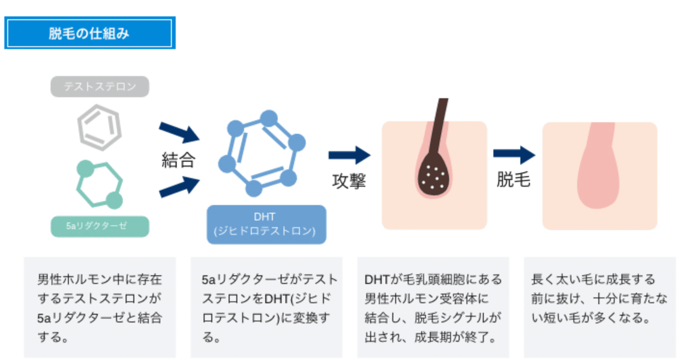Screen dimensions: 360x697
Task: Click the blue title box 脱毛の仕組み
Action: [90, 33]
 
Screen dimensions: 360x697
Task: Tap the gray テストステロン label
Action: [100, 87]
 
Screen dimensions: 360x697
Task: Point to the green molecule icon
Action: [100, 184]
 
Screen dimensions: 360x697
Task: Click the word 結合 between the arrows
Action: [178, 160]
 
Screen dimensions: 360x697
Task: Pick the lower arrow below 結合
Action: [179, 187]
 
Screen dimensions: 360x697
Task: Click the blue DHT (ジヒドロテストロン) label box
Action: [266, 224]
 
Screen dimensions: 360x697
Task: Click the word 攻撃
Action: [349, 180]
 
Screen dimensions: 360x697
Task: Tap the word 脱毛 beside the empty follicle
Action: [513, 180]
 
